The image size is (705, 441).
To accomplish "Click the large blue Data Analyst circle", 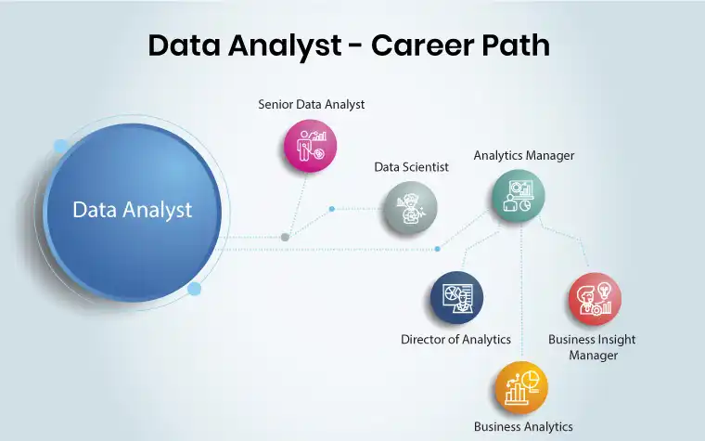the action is tap(133, 212).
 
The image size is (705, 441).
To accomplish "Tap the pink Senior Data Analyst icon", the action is tap(310, 146).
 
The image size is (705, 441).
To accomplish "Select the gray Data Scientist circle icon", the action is tap(410, 208).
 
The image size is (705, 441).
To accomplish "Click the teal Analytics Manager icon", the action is tap(518, 196).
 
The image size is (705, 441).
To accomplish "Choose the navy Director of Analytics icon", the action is tap(456, 297).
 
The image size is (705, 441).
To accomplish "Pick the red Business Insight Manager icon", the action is tap(595, 299).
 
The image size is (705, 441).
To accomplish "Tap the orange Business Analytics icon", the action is tap(521, 387).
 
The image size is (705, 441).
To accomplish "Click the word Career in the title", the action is tap(416, 45).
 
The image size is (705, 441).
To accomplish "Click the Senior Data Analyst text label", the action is tap(311, 104).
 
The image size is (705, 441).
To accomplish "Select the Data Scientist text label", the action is tap(411, 167).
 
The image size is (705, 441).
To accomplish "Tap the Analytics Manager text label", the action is tap(524, 156).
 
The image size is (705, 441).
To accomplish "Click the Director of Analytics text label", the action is tap(455, 339).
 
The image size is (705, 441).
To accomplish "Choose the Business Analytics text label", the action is tap(523, 426).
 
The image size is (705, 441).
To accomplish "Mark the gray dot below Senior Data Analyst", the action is tap(285, 237).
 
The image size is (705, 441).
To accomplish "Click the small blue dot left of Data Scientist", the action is tap(332, 209).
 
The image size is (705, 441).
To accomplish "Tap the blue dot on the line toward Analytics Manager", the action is tap(438, 249).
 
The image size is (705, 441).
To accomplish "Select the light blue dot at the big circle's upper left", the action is tap(60, 147).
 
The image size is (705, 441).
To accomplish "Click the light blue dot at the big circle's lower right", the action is tap(194, 289).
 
